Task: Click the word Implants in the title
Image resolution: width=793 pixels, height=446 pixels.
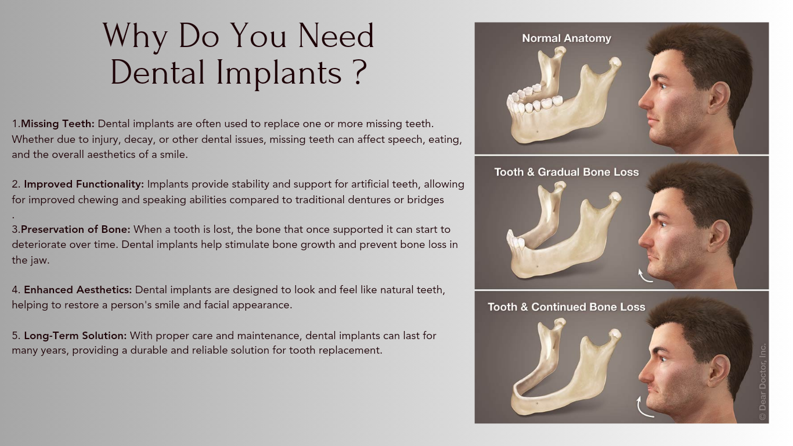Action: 279,73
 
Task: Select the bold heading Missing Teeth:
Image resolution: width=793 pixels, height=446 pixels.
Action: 57,124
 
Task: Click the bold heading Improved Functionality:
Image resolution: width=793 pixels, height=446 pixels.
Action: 84,184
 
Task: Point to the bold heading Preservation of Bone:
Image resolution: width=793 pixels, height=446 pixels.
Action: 75,229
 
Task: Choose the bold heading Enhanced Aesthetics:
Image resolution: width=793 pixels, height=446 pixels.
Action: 78,290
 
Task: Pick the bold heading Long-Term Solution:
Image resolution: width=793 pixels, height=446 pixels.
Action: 75,335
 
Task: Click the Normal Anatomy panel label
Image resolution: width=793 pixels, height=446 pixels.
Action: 567,38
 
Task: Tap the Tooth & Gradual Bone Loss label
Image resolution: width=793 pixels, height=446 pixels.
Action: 567,172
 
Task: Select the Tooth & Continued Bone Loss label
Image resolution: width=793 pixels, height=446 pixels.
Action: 567,307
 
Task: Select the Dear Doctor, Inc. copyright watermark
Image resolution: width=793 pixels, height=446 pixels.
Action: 763,382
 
